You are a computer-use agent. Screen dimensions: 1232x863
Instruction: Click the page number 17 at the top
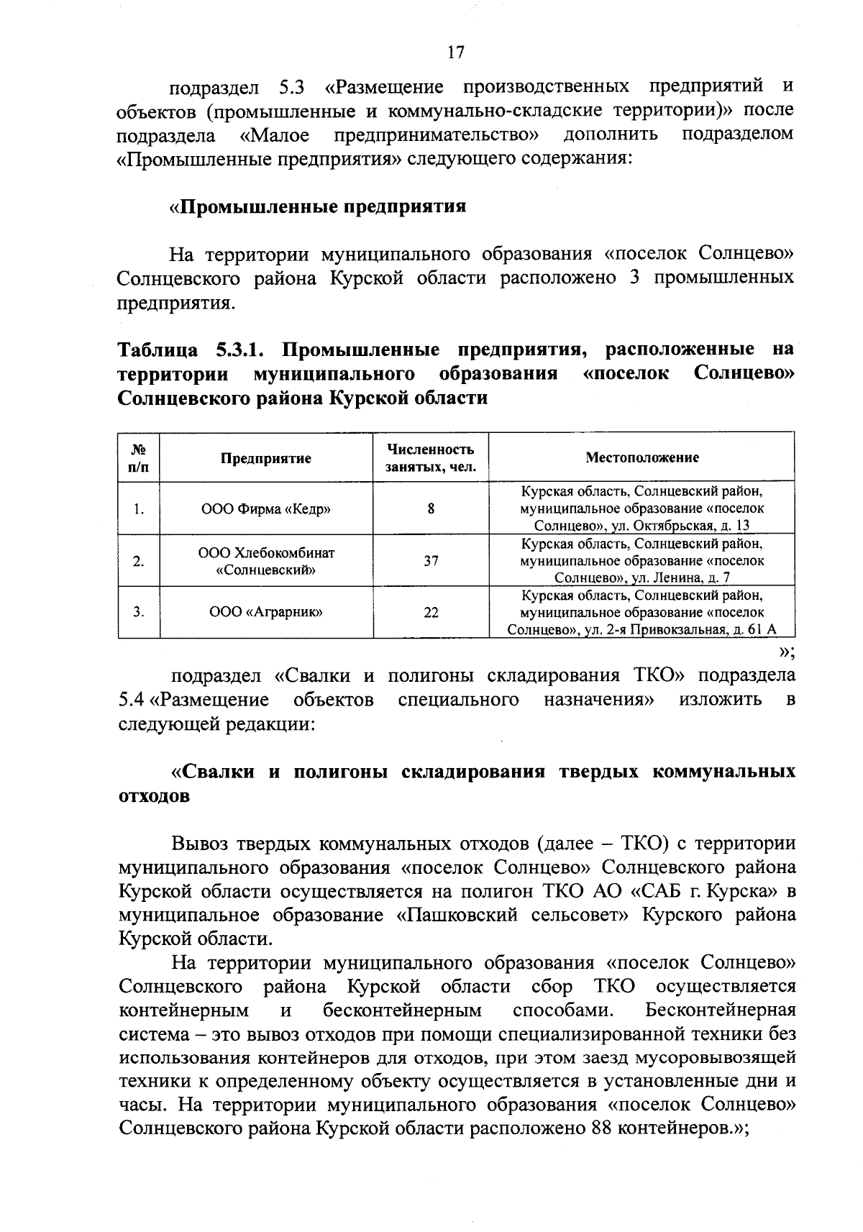point(456,53)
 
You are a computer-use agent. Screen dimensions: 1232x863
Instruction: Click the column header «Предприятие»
point(265,458)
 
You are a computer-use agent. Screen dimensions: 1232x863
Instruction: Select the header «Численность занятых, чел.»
point(430,458)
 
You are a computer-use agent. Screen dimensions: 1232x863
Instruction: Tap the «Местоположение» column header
point(641,457)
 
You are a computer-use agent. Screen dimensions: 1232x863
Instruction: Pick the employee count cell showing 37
point(430,561)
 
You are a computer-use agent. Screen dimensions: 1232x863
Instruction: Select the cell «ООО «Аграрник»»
point(265,613)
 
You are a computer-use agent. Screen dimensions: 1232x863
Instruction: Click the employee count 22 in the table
point(430,613)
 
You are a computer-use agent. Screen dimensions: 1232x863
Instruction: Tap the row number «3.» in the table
point(139,613)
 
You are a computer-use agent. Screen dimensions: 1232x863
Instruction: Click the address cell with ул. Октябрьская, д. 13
point(641,508)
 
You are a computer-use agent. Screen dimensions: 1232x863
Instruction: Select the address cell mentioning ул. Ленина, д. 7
point(641,561)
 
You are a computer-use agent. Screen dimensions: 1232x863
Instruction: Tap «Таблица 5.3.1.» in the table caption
point(192,350)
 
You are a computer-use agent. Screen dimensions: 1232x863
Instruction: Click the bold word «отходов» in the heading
point(154,797)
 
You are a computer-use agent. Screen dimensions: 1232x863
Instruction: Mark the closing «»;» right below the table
point(786,652)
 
